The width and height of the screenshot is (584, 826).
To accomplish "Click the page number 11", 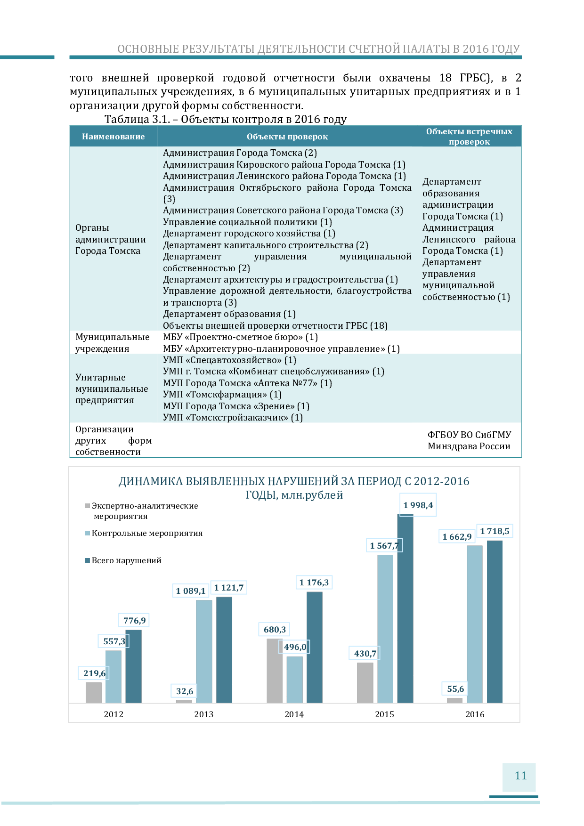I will point(520,776).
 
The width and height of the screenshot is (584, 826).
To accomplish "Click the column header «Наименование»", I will point(114,137).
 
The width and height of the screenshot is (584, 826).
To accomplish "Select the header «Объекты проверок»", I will point(287,137).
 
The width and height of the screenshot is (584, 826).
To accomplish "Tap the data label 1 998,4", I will point(418,505).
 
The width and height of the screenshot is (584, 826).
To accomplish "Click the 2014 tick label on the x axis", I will point(294,714).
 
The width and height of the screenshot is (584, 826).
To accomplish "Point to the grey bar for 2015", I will point(365,683).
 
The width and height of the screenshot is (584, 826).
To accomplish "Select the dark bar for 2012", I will point(134,666).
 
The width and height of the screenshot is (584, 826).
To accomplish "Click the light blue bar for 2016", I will point(475,624).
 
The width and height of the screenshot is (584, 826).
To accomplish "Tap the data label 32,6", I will point(185,691).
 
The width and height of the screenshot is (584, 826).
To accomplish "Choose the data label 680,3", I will point(275,630).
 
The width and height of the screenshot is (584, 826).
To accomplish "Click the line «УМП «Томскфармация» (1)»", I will point(222,395).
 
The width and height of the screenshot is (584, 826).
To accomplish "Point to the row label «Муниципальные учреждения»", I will point(113,343).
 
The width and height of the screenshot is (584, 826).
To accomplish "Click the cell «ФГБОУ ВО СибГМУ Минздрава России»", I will point(469,440).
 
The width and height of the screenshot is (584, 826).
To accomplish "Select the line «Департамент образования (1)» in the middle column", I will point(229,314).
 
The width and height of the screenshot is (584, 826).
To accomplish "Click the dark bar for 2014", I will point(315,648).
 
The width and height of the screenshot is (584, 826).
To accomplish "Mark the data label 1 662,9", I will point(457,537).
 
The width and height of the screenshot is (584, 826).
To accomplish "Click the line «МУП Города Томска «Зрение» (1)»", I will point(236,406).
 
